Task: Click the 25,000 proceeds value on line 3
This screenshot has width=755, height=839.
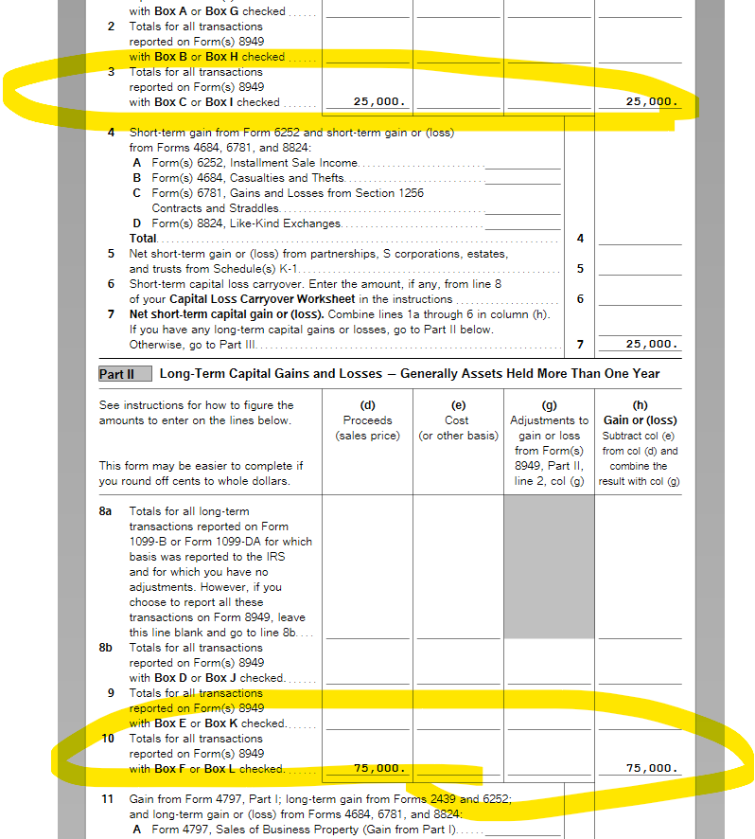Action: tap(379, 101)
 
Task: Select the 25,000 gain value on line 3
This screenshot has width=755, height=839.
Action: tap(652, 101)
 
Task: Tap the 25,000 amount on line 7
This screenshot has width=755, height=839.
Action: tap(652, 344)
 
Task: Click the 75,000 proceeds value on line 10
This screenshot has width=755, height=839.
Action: tap(379, 768)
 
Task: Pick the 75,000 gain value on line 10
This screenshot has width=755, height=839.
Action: tap(652, 768)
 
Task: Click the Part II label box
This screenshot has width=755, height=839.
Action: tap(117, 374)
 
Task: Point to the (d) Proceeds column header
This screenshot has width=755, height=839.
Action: tap(367, 420)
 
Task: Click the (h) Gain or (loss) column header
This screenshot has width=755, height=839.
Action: tap(639, 413)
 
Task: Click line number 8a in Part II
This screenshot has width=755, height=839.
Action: tap(107, 511)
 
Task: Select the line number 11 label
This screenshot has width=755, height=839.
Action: tap(108, 799)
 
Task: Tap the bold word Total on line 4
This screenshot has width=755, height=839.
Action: tap(144, 239)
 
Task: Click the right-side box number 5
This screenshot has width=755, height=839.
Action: tap(580, 269)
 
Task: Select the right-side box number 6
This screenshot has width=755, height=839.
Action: tap(580, 299)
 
